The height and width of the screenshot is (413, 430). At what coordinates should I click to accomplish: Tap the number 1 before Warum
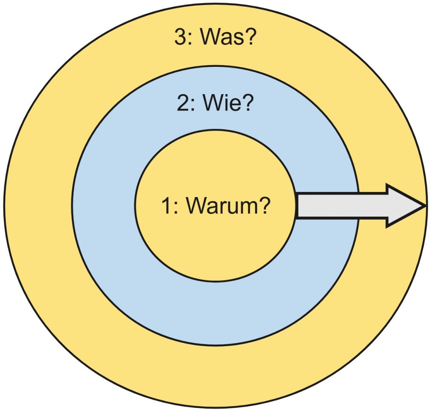pos(166,206)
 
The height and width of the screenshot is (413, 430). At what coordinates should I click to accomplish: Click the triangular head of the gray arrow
pos(403,206)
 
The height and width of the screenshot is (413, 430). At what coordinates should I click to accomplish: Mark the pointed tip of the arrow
pos(423,206)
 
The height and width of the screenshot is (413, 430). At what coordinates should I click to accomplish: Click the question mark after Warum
pos(262,206)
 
